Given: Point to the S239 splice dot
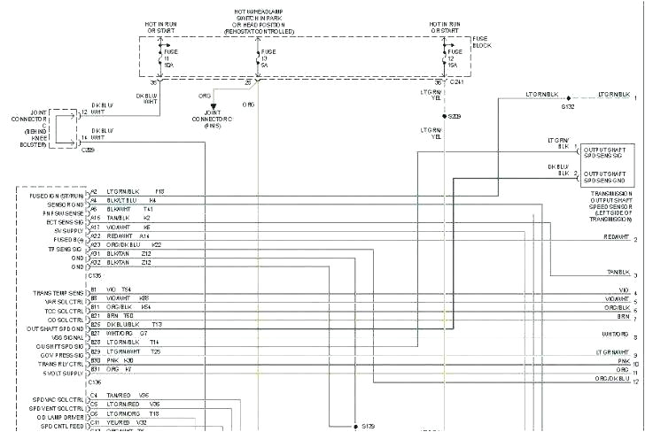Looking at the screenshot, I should pyautogui.click(x=444, y=116).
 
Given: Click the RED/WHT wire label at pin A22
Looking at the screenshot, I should pyautogui.click(x=120, y=236).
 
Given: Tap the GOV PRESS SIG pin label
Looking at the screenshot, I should pyautogui.click(x=62, y=351).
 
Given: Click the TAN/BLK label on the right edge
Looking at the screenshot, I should pyautogui.click(x=617, y=272).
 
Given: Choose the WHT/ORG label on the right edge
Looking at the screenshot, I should pyautogui.click(x=614, y=335).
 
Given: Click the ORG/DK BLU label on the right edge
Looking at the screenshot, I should pyautogui.click(x=611, y=378).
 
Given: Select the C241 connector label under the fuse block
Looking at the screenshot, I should pyautogui.click(x=456, y=81).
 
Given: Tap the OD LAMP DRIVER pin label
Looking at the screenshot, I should pyautogui.click(x=60, y=414).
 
